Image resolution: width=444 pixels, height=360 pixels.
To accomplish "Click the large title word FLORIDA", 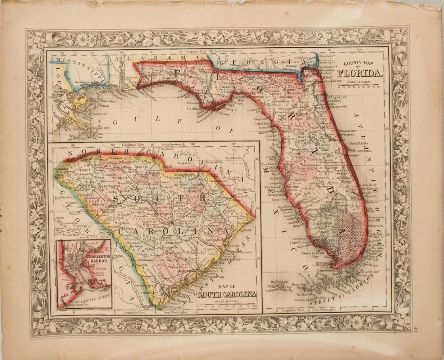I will pos(360,73).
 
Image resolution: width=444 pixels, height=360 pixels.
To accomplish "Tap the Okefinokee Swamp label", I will pos(289,65).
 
